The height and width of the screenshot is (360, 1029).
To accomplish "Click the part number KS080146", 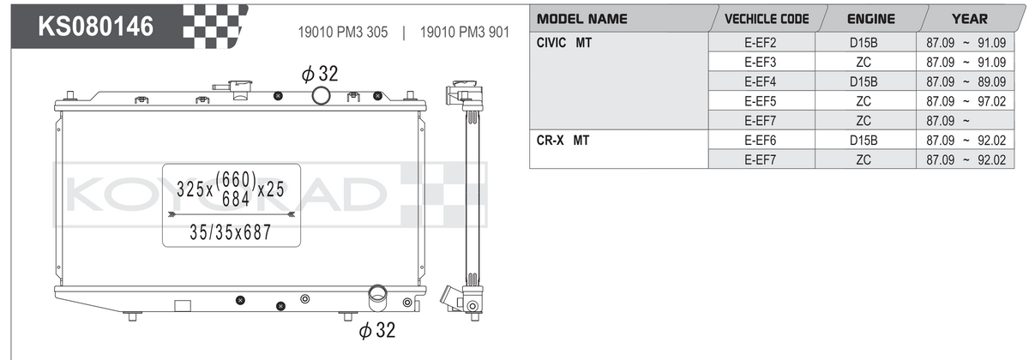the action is pyautogui.click(x=95, y=27).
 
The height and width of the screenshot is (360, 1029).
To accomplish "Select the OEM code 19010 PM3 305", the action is pyautogui.click(x=343, y=33).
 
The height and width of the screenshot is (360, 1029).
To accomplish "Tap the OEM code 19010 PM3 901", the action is pyautogui.click(x=465, y=33).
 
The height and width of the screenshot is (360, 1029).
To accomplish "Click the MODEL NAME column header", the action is pyautogui.click(x=581, y=19).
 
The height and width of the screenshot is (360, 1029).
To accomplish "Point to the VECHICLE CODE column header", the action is pyautogui.click(x=767, y=19).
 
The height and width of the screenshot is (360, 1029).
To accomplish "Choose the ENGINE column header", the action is pyautogui.click(x=871, y=19).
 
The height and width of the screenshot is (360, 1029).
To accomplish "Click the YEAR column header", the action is pyautogui.click(x=969, y=19).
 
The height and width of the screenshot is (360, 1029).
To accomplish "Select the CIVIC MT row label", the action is pyautogui.click(x=563, y=43).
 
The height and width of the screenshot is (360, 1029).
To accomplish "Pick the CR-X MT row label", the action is pyautogui.click(x=563, y=140).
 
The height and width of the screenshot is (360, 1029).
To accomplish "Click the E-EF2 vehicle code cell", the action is pyautogui.click(x=761, y=43).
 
